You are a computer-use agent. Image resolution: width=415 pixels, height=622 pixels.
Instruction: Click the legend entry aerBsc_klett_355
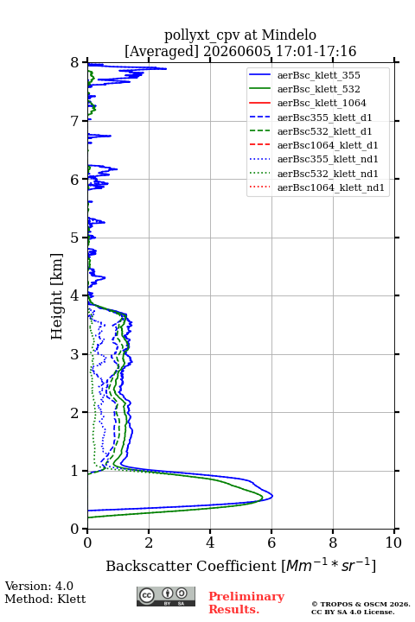318,75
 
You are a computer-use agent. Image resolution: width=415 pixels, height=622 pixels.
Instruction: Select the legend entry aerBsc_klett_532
318,89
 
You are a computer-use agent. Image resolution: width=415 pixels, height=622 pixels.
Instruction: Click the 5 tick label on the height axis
75,238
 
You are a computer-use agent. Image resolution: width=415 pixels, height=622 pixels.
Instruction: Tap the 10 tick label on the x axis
393,543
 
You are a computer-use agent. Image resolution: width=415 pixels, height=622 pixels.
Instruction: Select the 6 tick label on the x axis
271,543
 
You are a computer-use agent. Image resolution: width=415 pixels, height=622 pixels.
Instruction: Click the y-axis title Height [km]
57,296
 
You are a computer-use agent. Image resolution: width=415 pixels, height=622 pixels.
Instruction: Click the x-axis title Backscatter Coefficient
191,566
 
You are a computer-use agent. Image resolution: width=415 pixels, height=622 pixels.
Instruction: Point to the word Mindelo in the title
289,35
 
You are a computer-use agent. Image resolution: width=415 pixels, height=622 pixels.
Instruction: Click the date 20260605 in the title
237,51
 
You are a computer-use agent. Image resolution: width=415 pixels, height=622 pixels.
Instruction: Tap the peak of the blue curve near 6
272,496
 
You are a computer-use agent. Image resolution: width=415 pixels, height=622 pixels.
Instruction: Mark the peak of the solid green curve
263,497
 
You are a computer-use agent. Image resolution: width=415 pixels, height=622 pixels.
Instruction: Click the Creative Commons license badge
166,596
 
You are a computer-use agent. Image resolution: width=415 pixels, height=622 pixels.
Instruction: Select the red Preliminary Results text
246,603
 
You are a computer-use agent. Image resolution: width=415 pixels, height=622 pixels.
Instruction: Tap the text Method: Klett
45,599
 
